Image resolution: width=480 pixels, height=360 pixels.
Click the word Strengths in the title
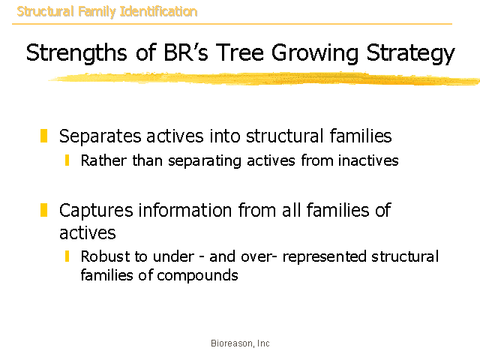76,53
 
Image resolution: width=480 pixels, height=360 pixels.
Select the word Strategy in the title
410,53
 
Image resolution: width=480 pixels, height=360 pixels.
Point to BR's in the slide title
186,52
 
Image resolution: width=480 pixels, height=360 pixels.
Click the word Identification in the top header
158,12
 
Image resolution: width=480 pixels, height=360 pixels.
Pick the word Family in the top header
97,12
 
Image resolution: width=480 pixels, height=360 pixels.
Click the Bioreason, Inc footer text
240,343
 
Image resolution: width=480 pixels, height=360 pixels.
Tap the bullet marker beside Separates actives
43,136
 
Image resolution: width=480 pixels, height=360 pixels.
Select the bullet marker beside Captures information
43,210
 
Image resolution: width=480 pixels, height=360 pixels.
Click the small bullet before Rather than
67,160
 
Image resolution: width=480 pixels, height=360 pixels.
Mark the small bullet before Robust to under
67,256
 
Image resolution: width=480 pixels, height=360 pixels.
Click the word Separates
100,136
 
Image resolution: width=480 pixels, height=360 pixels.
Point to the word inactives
368,160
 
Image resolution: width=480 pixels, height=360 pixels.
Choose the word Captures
96,211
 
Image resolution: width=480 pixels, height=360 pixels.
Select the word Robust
104,256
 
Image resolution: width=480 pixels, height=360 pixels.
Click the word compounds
197,276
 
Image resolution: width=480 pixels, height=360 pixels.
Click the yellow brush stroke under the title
264,78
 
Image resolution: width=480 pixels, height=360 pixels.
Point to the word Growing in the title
315,53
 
